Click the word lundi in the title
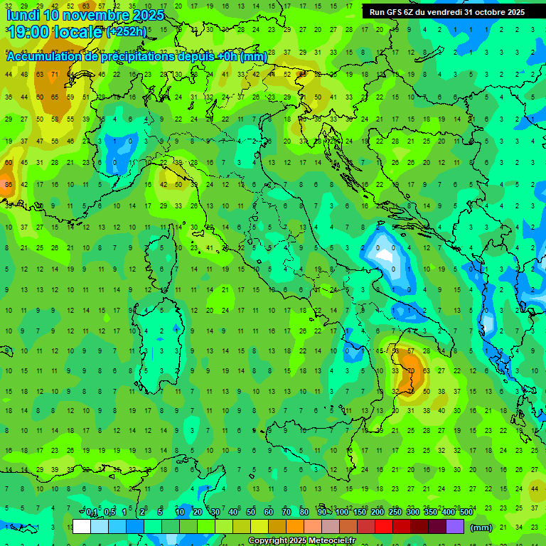[x=24, y=15]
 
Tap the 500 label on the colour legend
[x=466, y=513]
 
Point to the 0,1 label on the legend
[x=92, y=513]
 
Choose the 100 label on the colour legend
[x=342, y=513]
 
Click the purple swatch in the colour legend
[x=455, y=527]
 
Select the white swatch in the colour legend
[x=82, y=527]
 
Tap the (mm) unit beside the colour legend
[x=481, y=528]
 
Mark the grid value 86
[x=9, y=185]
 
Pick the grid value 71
[x=55, y=75]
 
